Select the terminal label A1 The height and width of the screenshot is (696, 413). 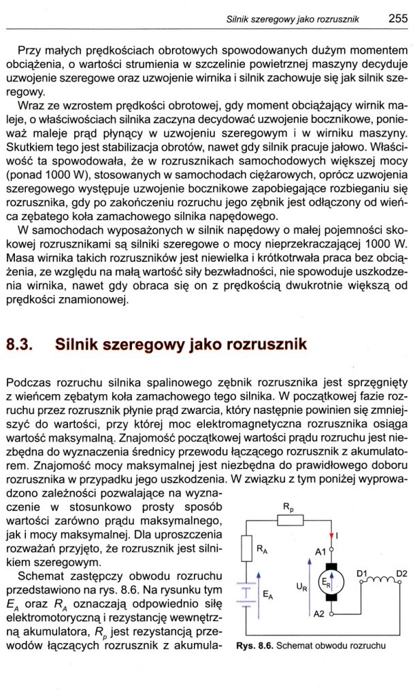tap(318, 552)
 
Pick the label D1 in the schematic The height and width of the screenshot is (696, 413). tap(363, 572)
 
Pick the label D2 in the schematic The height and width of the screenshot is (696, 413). tap(401, 572)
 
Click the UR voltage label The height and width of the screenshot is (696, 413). tap(303, 583)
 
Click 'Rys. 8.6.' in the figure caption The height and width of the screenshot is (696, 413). tap(254, 646)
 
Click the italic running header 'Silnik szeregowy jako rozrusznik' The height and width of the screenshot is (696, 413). tap(293, 20)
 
